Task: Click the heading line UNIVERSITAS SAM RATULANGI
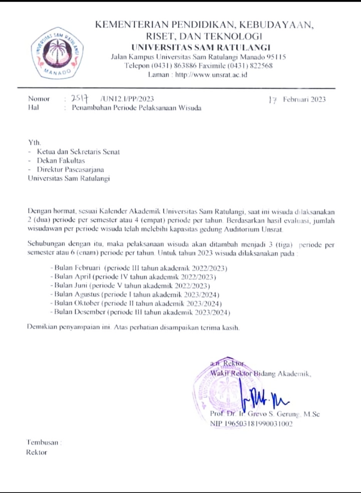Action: (201, 47)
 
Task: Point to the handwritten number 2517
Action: (81, 99)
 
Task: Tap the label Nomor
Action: (39, 99)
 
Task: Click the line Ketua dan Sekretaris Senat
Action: (78, 152)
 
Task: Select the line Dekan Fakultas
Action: (61, 161)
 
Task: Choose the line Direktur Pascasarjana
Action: (70, 169)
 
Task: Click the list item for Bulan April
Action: (133, 277)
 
